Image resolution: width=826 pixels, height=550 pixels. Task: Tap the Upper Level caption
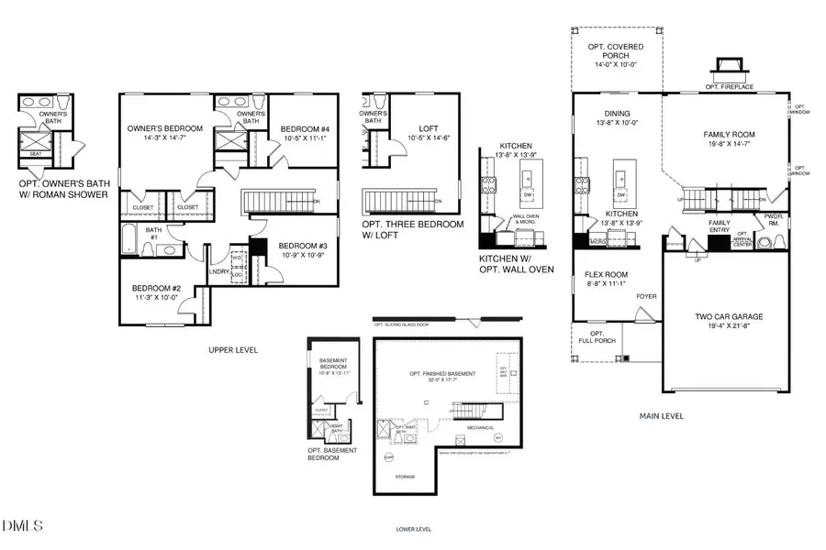point(234,350)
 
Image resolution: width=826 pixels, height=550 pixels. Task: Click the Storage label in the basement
point(405,477)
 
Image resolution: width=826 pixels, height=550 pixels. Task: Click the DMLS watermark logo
point(23,525)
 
